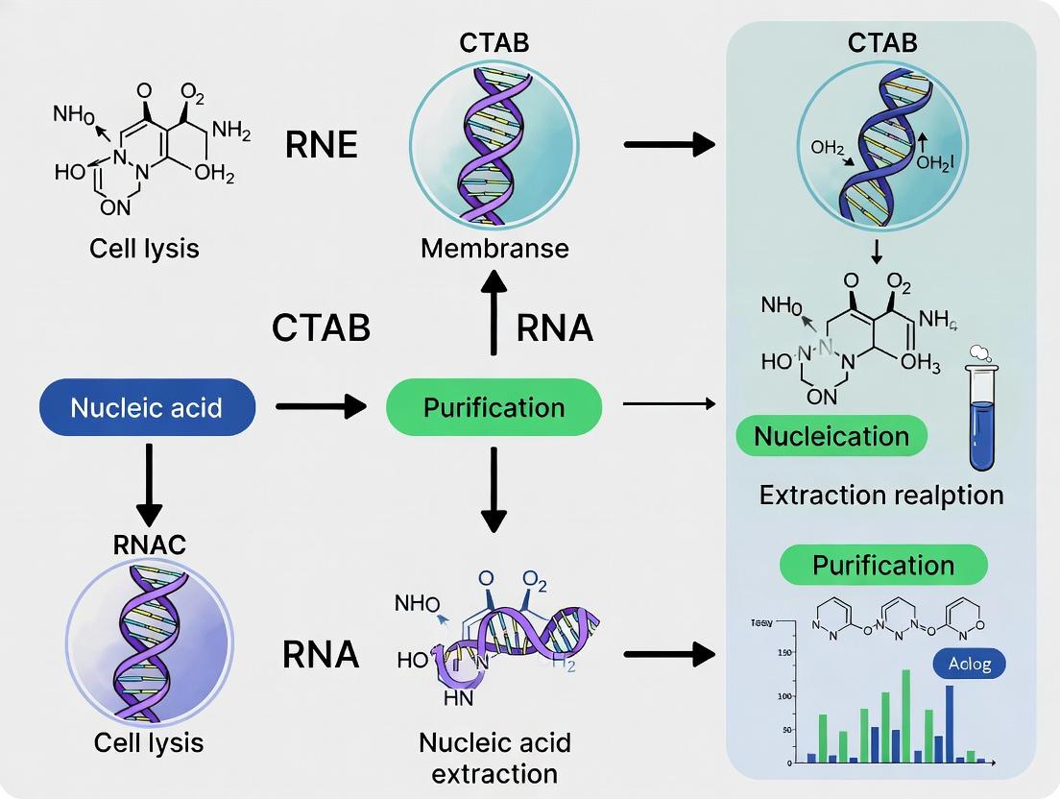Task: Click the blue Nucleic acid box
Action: [x=147, y=407]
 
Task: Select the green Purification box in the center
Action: [x=494, y=407]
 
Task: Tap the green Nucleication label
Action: [x=831, y=436]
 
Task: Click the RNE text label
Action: [x=322, y=145]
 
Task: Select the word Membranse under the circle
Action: [x=494, y=248]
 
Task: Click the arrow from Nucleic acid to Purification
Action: [x=321, y=407]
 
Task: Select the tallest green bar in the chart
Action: [x=905, y=715]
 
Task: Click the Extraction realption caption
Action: [x=880, y=496]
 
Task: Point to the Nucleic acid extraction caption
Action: [x=494, y=758]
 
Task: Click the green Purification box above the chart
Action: [x=883, y=565]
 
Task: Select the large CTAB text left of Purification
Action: [x=321, y=328]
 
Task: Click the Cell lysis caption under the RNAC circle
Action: [x=148, y=742]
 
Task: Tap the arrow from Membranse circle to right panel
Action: [x=669, y=145]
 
